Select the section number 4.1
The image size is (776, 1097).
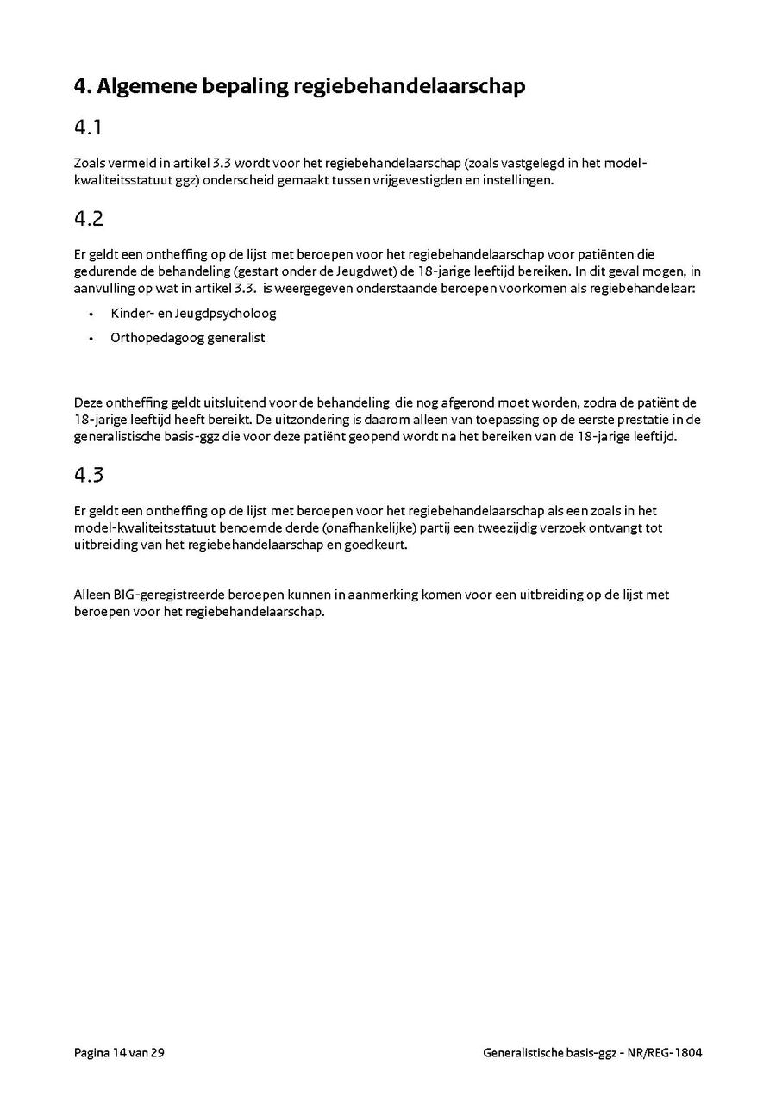(89, 128)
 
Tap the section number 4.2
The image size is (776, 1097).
(89, 219)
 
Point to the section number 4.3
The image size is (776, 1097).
(89, 475)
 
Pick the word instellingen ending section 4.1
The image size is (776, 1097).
(516, 180)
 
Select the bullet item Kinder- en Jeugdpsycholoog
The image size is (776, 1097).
(193, 313)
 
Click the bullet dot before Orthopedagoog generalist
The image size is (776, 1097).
(91, 339)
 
